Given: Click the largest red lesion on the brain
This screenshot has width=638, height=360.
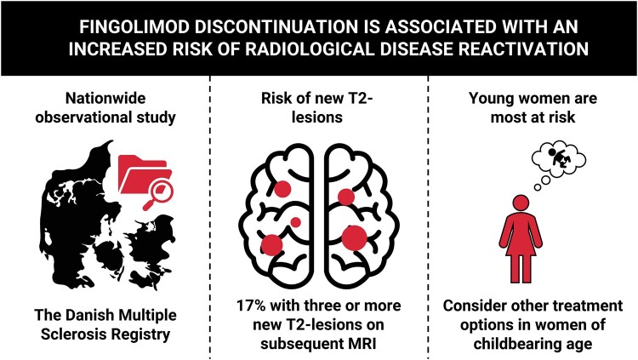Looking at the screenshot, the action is [x=354, y=238].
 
